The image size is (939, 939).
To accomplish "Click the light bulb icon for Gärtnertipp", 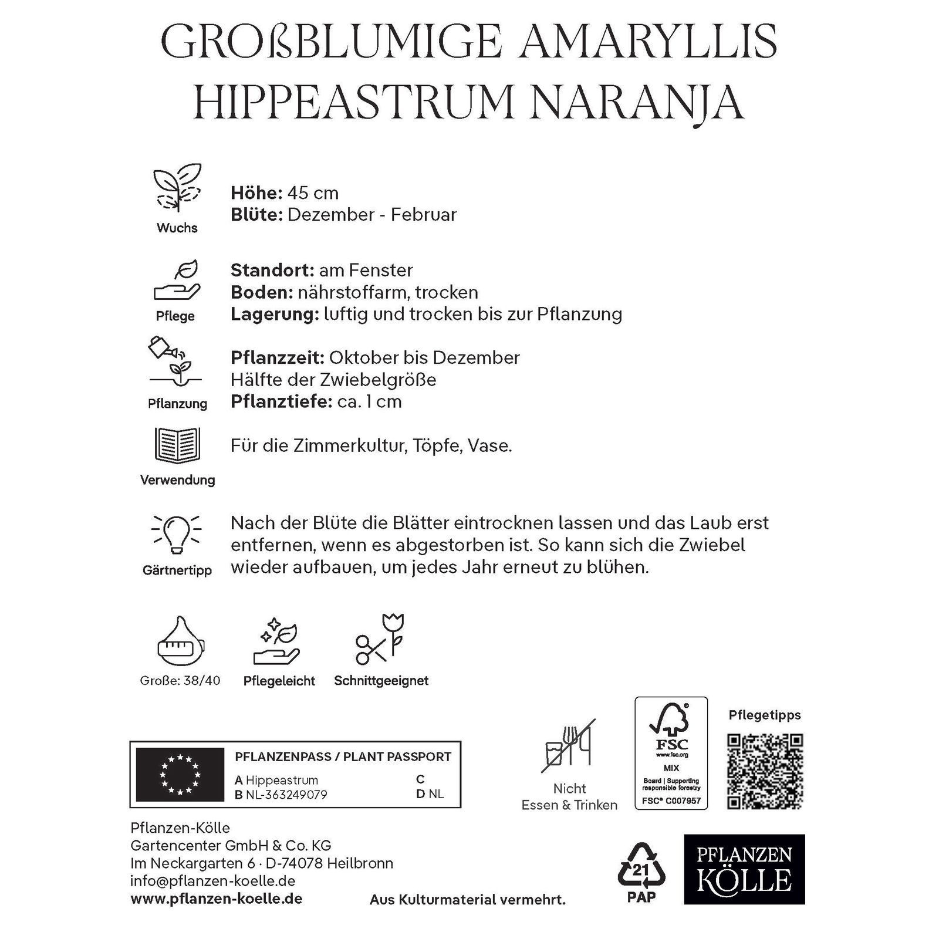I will [177, 533].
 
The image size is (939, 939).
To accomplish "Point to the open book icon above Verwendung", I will [177, 445].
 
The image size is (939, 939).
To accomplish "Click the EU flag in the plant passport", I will [180, 775].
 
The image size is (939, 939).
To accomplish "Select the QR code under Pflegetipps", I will [765, 771].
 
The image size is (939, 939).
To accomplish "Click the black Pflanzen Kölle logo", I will [744, 869].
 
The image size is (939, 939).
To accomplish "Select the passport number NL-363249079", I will [286, 795].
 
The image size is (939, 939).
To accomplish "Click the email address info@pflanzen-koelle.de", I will [212, 881].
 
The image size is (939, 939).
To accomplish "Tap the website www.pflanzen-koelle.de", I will [216, 899].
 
